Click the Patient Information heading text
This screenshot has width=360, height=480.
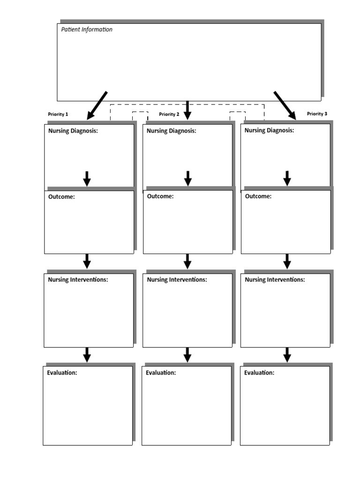click(87, 30)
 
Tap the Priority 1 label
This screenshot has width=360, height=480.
click(58, 114)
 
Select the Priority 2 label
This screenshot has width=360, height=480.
click(169, 114)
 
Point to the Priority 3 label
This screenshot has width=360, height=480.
click(317, 114)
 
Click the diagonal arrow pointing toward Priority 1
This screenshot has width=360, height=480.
click(97, 105)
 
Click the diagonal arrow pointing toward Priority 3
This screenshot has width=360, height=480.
click(285, 105)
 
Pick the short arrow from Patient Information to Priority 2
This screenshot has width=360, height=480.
click(187, 110)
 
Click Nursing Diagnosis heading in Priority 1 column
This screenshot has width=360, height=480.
click(73, 131)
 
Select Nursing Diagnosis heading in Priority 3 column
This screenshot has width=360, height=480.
click(270, 130)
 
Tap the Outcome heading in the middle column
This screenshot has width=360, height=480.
click(160, 196)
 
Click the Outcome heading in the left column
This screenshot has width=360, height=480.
click(61, 197)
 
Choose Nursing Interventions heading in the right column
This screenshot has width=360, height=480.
click(275, 279)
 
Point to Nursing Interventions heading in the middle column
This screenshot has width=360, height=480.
click(177, 279)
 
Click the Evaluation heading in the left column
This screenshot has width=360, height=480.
click(62, 373)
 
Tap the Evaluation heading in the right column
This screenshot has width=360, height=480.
click(259, 373)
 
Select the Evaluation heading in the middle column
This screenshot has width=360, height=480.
click(161, 373)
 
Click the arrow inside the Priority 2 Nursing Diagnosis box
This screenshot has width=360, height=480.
click(188, 178)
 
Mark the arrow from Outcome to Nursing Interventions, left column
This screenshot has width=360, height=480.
click(87, 261)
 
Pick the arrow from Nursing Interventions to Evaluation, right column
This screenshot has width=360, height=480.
click(287, 354)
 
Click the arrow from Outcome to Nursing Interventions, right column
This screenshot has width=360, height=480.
click(287, 261)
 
